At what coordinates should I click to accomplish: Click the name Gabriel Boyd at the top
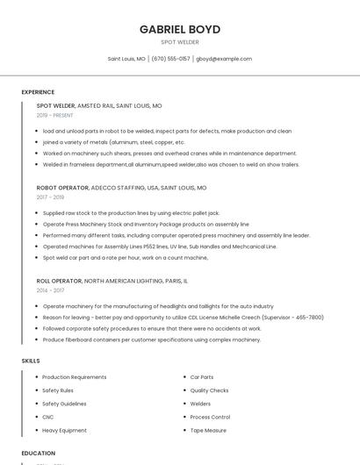pyautogui.click(x=180, y=29)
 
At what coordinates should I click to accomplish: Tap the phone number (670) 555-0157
pyautogui.click(x=170, y=59)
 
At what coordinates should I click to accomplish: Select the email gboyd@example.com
pyautogui.click(x=224, y=59)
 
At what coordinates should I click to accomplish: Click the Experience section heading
pyautogui.click(x=38, y=92)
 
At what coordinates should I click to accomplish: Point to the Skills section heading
pyautogui.click(x=31, y=361)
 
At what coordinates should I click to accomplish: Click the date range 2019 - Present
pyautogui.click(x=54, y=115)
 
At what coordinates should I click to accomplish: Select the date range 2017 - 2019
pyautogui.click(x=50, y=197)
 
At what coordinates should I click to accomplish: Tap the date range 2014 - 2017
pyautogui.click(x=50, y=290)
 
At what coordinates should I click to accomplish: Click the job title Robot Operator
pyautogui.click(x=62, y=188)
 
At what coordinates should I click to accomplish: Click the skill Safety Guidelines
pyautogui.click(x=64, y=404)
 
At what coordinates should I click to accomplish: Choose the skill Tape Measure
pyautogui.click(x=208, y=431)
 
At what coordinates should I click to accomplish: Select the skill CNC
pyautogui.click(x=48, y=417)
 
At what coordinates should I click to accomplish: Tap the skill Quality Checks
pyautogui.click(x=209, y=390)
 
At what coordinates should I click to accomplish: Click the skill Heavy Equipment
pyautogui.click(x=64, y=431)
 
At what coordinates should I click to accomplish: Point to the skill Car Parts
pyautogui.click(x=202, y=376)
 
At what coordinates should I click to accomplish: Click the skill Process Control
pyautogui.click(x=210, y=417)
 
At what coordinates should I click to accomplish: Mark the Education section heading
pyautogui.click(x=39, y=453)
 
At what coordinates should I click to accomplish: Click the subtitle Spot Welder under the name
pyautogui.click(x=180, y=42)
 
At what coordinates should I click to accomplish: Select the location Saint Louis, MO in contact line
pyautogui.click(x=126, y=59)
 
